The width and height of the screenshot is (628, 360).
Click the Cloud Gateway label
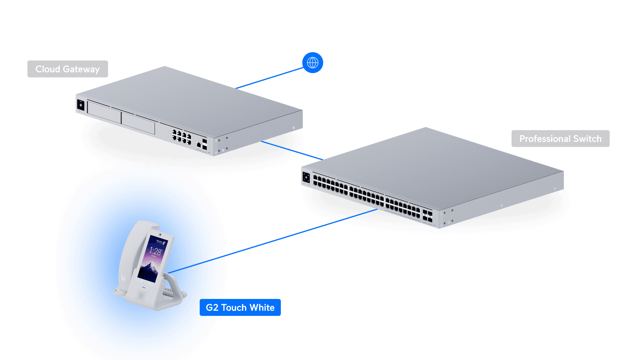coord(67,69)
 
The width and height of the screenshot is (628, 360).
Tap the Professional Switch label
coord(560,139)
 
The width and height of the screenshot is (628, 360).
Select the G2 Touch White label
coord(240,307)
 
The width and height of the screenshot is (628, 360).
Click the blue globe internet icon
coord(313,63)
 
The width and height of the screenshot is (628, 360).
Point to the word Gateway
coord(81,69)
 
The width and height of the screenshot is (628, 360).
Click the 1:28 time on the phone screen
coord(155,251)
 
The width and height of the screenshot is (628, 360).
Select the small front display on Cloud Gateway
coord(80,105)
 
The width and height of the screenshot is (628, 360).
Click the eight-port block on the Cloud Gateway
coord(181,136)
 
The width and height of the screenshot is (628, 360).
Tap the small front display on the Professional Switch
coord(306,178)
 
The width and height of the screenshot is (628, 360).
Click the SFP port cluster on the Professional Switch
coord(427,216)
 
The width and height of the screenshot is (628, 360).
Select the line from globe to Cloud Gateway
coord(270,78)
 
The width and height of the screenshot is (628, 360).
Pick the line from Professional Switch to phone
coord(296,233)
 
